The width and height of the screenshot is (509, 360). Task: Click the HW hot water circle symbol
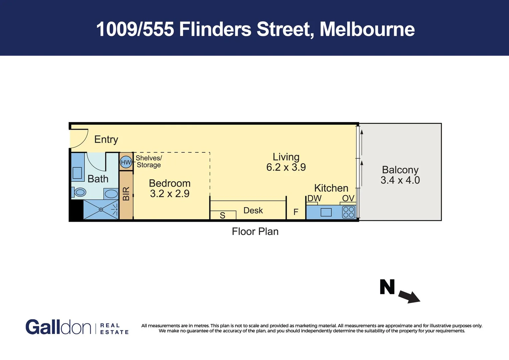[x=126, y=162]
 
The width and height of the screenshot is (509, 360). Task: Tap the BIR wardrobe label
[x=126, y=194]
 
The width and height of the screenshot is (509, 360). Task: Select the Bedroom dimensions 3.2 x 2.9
[x=170, y=194]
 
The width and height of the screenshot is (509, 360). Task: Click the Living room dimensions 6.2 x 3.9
[x=286, y=167]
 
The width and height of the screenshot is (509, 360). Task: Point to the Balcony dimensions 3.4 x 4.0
[x=400, y=180]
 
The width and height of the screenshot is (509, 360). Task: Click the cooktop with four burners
[x=349, y=212]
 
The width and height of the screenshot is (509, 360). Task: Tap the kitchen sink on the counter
[x=326, y=212]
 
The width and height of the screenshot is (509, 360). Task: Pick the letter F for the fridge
[x=296, y=212]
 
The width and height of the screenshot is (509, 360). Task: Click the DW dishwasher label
[x=314, y=198]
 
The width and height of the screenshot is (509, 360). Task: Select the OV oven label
[x=348, y=198]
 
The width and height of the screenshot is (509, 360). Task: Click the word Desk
[x=253, y=210]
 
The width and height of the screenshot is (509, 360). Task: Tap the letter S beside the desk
[x=223, y=216]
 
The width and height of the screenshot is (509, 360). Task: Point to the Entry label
[x=106, y=139]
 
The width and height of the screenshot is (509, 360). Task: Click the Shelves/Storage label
[x=149, y=161]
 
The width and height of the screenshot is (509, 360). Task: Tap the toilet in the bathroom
[x=79, y=192]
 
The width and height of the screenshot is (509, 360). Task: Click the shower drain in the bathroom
[x=101, y=210]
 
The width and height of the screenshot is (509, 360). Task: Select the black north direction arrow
[x=409, y=296]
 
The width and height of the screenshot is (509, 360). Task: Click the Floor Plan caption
[x=255, y=231]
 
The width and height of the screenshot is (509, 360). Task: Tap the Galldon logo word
[x=58, y=327]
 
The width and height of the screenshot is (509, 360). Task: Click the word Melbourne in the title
[x=367, y=29]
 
